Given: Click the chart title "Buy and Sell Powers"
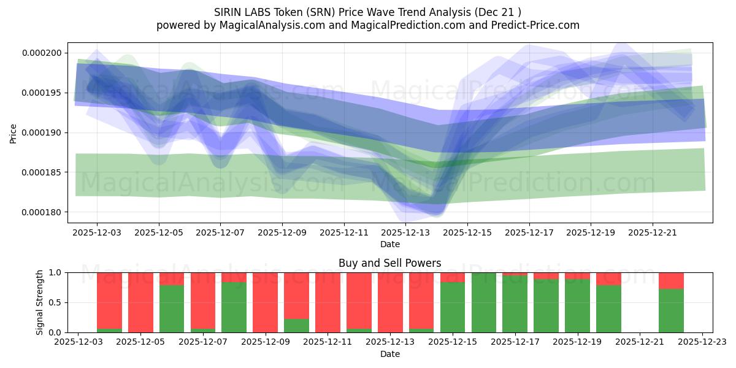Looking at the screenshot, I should click(389, 263).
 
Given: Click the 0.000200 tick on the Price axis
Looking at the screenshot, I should click(42, 53).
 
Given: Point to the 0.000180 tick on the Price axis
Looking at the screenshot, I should click(42, 213).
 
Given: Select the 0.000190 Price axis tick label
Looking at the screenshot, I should click(42, 133).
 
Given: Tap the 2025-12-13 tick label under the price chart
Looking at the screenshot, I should click(405, 233).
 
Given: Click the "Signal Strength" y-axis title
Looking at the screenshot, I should click(40, 302).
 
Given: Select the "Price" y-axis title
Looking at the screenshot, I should click(13, 133).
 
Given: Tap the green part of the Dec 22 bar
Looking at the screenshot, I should click(671, 311).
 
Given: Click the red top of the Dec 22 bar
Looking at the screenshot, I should click(671, 280).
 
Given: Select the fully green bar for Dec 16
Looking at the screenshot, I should click(484, 302).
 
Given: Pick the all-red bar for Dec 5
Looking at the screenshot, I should click(140, 302).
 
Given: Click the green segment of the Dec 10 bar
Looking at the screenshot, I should click(296, 326).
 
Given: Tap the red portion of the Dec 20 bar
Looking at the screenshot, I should click(608, 278).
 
